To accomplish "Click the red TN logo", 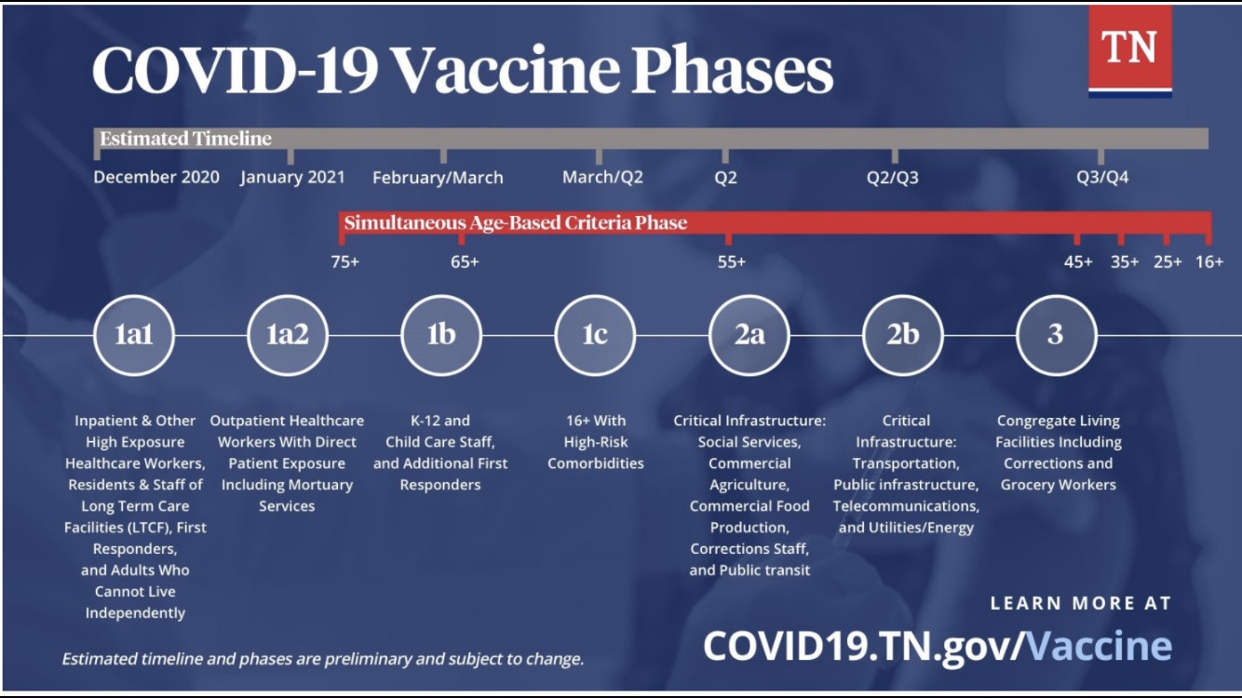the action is [x=1130, y=51].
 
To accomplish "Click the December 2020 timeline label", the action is [x=156, y=178].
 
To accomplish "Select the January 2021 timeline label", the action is [x=292, y=178].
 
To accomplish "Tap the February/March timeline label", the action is [x=438, y=178].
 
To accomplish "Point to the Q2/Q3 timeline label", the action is [x=893, y=178].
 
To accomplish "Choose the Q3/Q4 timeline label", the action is [x=1102, y=178].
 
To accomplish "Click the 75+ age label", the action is [x=344, y=262].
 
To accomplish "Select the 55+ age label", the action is [x=732, y=262].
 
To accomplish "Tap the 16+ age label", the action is [x=1209, y=262].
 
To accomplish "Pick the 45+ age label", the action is [x=1078, y=262].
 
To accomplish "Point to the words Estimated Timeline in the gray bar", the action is [x=186, y=139].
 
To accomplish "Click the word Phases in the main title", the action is [x=732, y=72].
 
